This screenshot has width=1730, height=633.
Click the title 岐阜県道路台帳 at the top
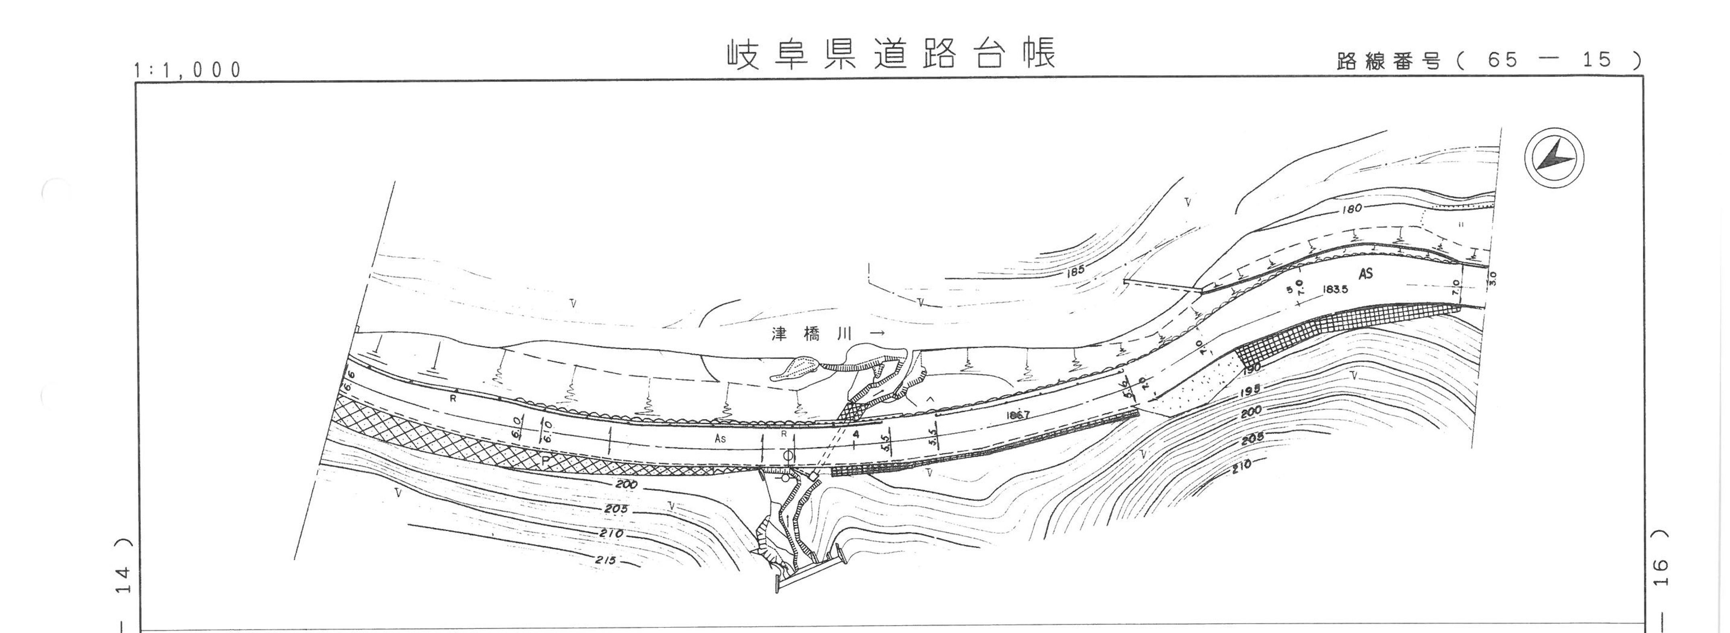(891, 54)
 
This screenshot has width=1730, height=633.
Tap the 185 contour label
(1074, 271)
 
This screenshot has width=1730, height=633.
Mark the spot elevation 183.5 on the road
(1335, 290)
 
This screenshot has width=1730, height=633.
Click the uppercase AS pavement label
(1365, 273)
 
